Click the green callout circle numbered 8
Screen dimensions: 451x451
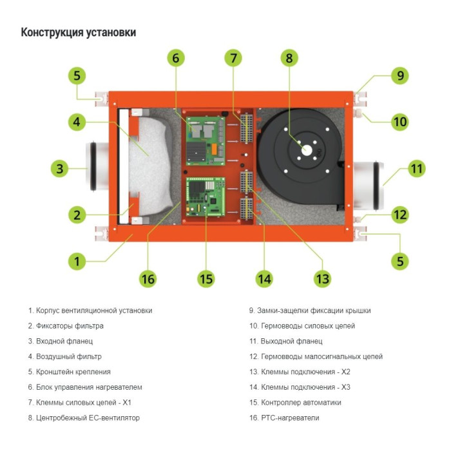(289, 57)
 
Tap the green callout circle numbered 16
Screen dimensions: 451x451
(148, 278)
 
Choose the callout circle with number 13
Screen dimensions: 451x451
(321, 278)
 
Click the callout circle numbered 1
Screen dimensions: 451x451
(77, 261)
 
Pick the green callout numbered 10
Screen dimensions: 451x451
(400, 121)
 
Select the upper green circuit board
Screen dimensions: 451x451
(205, 139)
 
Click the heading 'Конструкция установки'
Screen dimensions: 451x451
(79, 32)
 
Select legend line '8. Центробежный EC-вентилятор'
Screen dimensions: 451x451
(84, 418)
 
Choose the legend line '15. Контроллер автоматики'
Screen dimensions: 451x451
(295, 403)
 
